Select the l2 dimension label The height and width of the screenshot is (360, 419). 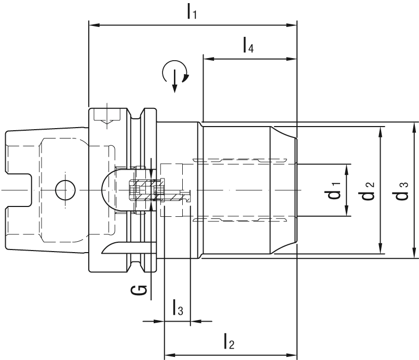(x=228, y=342)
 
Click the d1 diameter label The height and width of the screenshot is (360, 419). (x=335, y=190)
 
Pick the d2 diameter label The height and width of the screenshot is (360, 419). (x=369, y=190)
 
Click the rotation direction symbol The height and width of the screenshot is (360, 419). (x=175, y=75)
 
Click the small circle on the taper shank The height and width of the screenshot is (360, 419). (x=64, y=190)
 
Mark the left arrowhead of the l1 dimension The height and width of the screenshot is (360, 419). (x=93, y=24)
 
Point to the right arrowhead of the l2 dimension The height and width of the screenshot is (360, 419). (x=293, y=356)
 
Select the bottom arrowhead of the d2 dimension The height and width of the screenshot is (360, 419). (x=381, y=251)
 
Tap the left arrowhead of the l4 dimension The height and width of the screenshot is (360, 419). (x=206, y=58)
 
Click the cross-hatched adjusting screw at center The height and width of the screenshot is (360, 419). (x=142, y=190)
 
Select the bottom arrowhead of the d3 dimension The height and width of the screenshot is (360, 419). (x=415, y=255)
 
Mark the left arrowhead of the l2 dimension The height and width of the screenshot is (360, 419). (x=168, y=356)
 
